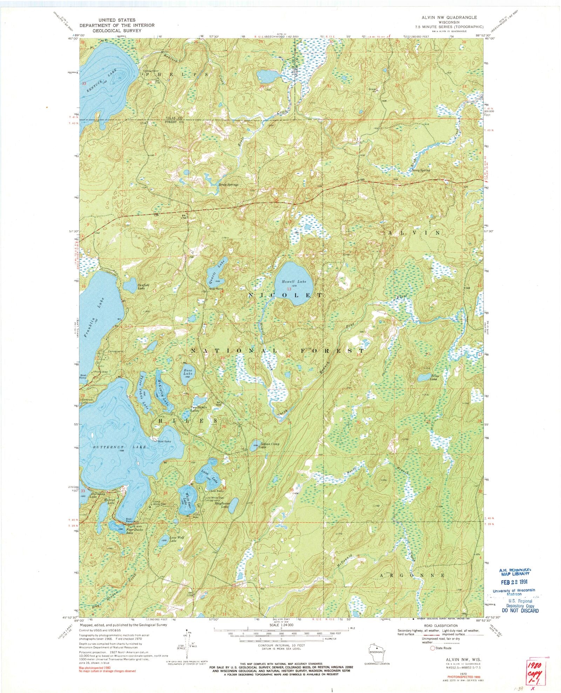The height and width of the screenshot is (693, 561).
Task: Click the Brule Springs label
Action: tap(228, 184)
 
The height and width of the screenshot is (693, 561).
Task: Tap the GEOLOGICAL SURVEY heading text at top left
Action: tap(117, 30)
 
